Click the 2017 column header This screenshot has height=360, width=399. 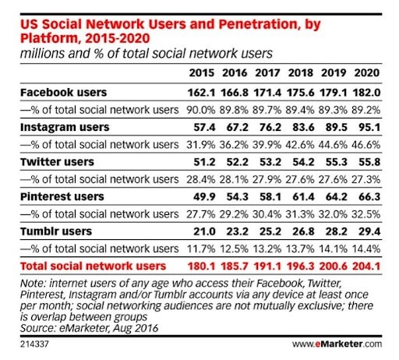(x=267, y=73)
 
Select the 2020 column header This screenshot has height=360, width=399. (x=367, y=73)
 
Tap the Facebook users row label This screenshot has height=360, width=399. (x=64, y=93)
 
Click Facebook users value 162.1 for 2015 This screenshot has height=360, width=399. (x=201, y=93)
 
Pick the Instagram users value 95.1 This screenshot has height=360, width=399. (x=369, y=127)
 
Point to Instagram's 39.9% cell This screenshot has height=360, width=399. (x=267, y=145)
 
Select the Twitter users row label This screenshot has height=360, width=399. (x=57, y=162)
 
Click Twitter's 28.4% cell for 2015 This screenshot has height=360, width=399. (x=201, y=179)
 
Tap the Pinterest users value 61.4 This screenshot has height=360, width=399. (x=303, y=197)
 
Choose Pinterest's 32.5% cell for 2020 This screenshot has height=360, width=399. (x=366, y=214)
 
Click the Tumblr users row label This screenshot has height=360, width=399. (x=56, y=231)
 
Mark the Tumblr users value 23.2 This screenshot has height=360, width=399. (x=237, y=231)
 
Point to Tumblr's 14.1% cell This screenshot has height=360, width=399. (x=334, y=249)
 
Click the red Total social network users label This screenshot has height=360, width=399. (x=93, y=266)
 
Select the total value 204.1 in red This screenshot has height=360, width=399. (x=366, y=266)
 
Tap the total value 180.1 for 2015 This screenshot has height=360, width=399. (x=201, y=266)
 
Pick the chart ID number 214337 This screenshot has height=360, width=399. (x=34, y=344)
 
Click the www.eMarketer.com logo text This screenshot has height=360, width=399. (x=337, y=344)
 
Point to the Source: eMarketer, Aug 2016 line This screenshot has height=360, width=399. (x=89, y=328)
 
